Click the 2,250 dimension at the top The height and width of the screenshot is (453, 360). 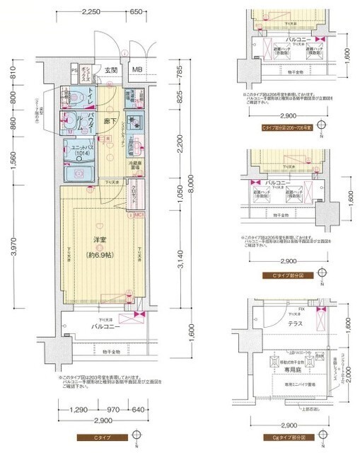[91, 12]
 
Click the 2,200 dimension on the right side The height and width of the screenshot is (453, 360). [180, 147]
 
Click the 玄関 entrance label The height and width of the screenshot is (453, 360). [111, 70]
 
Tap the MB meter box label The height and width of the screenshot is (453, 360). [136, 70]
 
